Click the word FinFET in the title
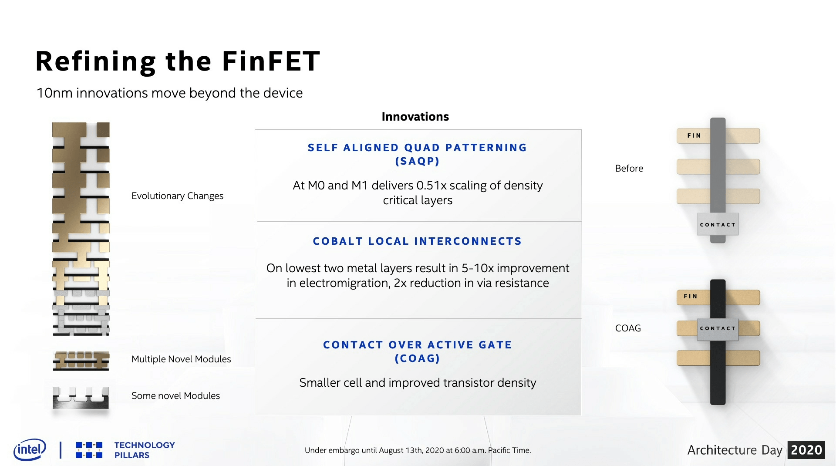click(x=271, y=61)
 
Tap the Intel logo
click(x=30, y=449)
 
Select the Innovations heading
click(x=415, y=117)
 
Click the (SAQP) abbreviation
click(x=417, y=161)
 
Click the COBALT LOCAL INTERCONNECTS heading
click(x=417, y=241)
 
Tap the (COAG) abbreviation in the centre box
click(x=417, y=358)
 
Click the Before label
click(x=629, y=169)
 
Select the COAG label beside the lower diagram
click(x=628, y=328)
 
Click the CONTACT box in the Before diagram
click(x=718, y=224)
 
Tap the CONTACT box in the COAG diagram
click(x=718, y=328)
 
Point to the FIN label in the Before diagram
click(x=694, y=135)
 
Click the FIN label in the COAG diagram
click(x=691, y=296)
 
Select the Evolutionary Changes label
click(x=177, y=196)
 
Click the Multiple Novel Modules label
click(x=181, y=359)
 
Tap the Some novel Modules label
click(x=175, y=396)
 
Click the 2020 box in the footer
click(x=806, y=450)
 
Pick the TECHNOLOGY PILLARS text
click(x=145, y=450)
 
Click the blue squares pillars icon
click(x=89, y=450)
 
